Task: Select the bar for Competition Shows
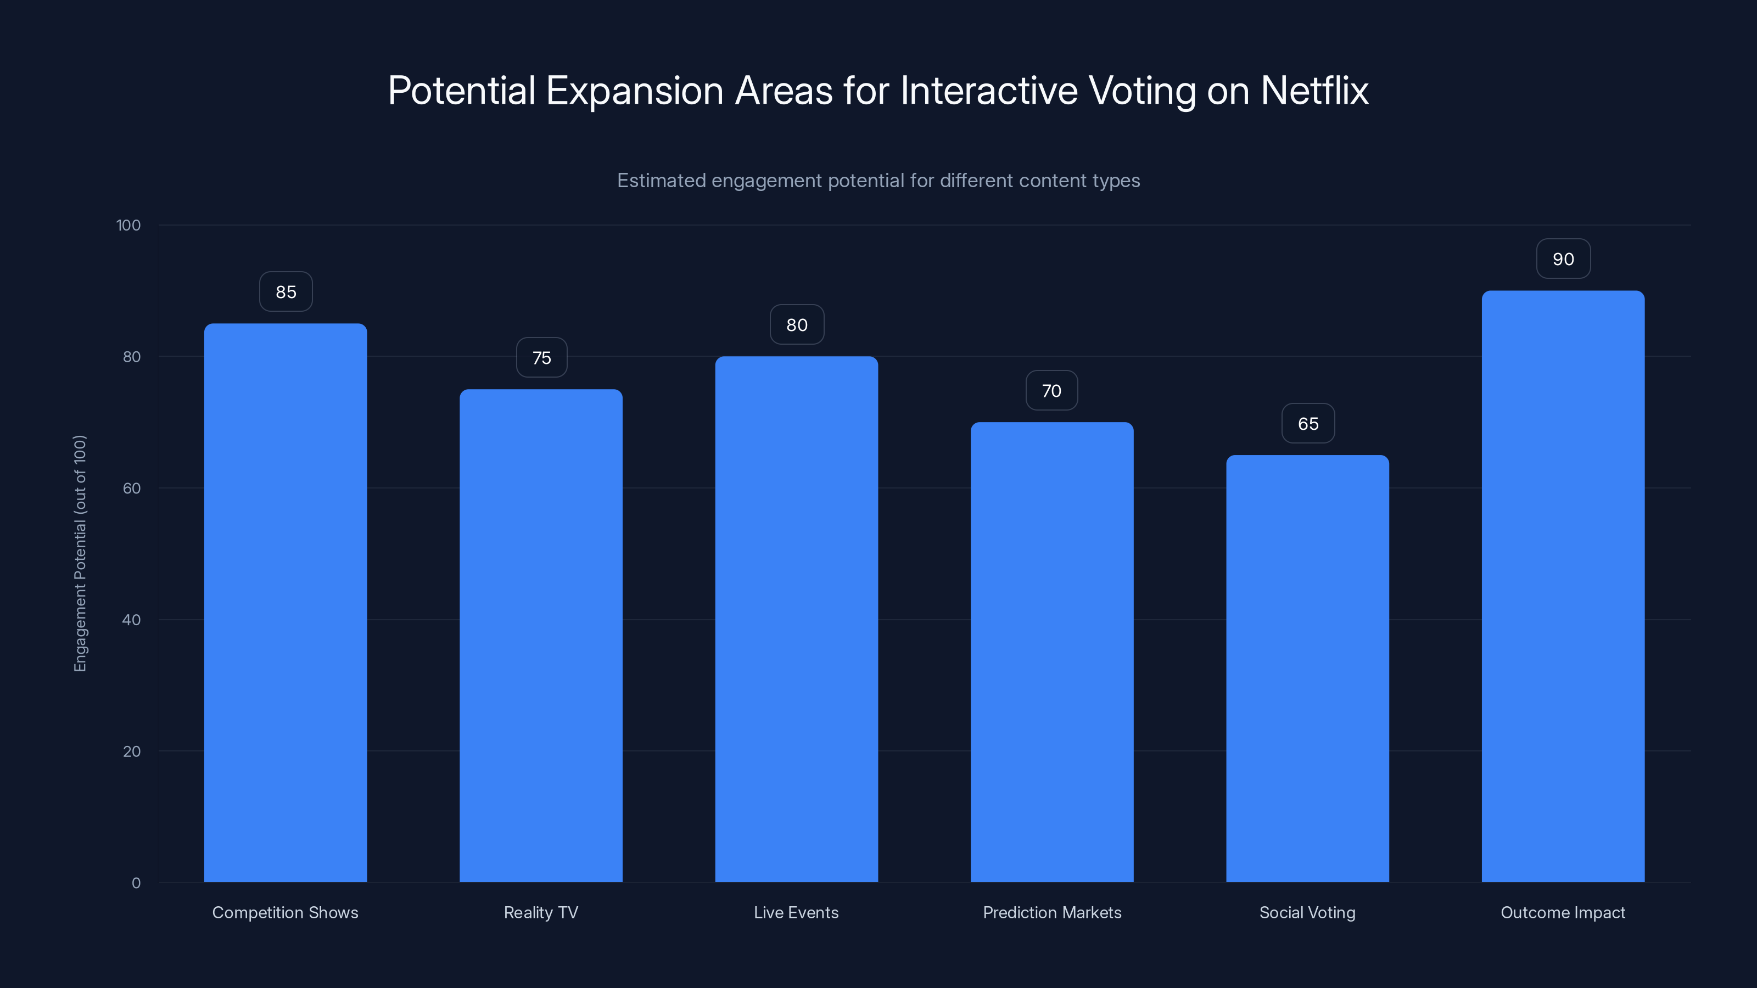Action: tap(285, 603)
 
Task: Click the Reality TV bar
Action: tap(541, 636)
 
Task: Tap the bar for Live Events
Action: tap(796, 619)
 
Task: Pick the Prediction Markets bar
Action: tap(1052, 652)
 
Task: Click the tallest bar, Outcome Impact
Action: tap(1563, 586)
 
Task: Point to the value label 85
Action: tap(286, 292)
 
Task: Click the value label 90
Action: tap(1563, 259)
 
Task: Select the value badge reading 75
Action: tap(541, 358)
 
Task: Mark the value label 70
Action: tap(1051, 391)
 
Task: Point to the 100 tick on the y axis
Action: tap(128, 225)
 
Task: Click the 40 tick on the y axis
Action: tap(132, 620)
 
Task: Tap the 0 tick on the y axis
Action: tap(136, 883)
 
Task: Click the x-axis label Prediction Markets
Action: tap(1052, 912)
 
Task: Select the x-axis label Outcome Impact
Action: tap(1563, 912)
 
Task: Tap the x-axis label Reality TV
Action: tap(541, 912)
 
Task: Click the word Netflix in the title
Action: tap(1314, 91)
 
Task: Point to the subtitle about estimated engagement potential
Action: tap(878, 181)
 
